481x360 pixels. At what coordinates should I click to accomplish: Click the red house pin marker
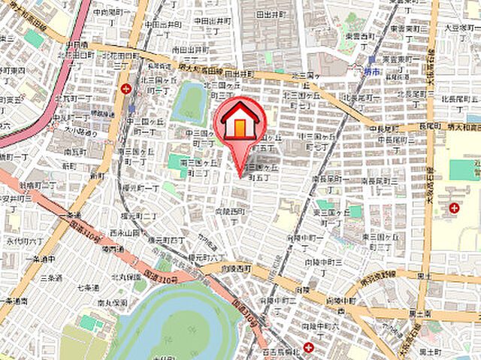[240, 121]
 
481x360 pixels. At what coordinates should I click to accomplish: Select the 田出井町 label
[270, 14]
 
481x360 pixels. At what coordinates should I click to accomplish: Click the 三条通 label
[50, 277]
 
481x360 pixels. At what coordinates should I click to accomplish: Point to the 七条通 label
[87, 288]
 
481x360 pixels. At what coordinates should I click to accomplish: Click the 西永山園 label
[125, 234]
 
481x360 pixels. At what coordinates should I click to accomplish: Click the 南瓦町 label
[74, 151]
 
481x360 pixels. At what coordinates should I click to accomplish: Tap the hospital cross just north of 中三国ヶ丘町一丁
[126, 89]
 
